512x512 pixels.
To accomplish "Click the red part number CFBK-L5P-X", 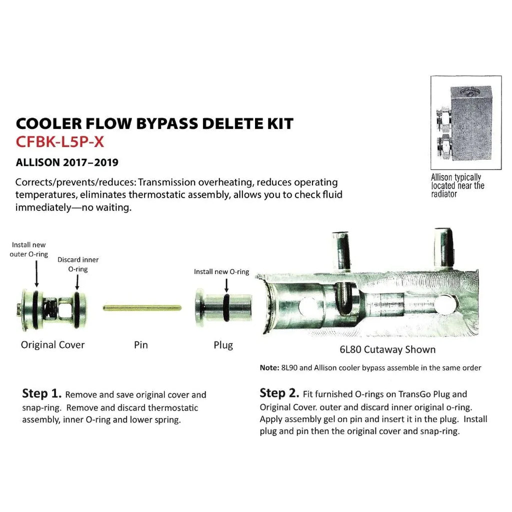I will [x=60, y=142].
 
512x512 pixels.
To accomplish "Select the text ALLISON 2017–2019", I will [x=67, y=162].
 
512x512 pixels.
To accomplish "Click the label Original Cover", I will [x=52, y=344].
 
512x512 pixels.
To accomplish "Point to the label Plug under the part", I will [x=223, y=345].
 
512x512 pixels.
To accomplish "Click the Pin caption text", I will [x=141, y=345].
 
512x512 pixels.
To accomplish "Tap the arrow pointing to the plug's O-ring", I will [x=226, y=285].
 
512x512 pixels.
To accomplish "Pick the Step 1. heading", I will [x=41, y=393].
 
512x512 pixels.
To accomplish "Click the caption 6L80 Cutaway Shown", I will [x=387, y=349].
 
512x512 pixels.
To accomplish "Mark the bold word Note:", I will [x=269, y=368].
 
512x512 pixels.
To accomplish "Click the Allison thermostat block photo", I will [x=466, y=122].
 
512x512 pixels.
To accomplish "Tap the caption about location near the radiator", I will [x=457, y=185].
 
